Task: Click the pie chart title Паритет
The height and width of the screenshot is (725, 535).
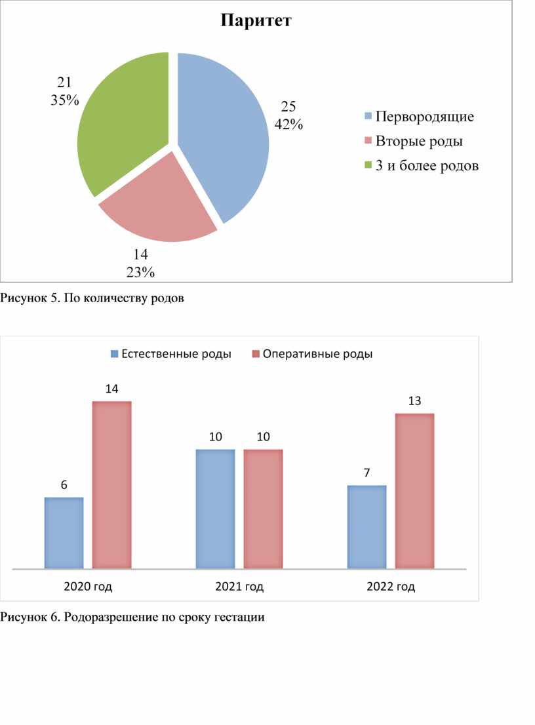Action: click(x=256, y=21)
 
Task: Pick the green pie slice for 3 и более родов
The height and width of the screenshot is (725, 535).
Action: click(x=121, y=125)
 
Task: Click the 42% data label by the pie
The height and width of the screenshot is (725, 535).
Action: click(x=288, y=124)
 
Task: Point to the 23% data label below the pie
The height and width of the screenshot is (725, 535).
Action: click(x=140, y=272)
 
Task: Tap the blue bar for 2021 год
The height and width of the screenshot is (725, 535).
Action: click(x=215, y=508)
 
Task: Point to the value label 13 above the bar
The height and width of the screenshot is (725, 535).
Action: click(x=414, y=401)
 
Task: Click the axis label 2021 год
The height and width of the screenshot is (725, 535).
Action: click(x=239, y=587)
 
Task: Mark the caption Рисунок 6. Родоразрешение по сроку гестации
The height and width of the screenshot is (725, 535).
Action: click(x=132, y=617)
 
